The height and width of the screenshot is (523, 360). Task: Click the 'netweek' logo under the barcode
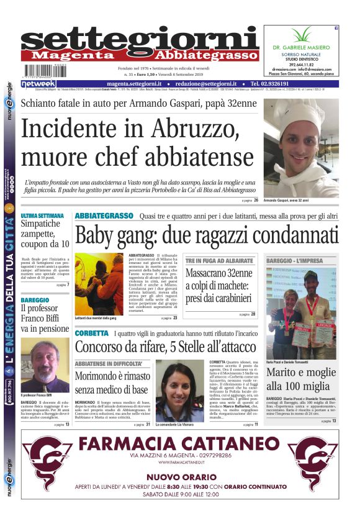click(x=38, y=83)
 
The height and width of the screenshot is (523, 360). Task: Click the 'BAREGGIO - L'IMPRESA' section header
click(x=294, y=260)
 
